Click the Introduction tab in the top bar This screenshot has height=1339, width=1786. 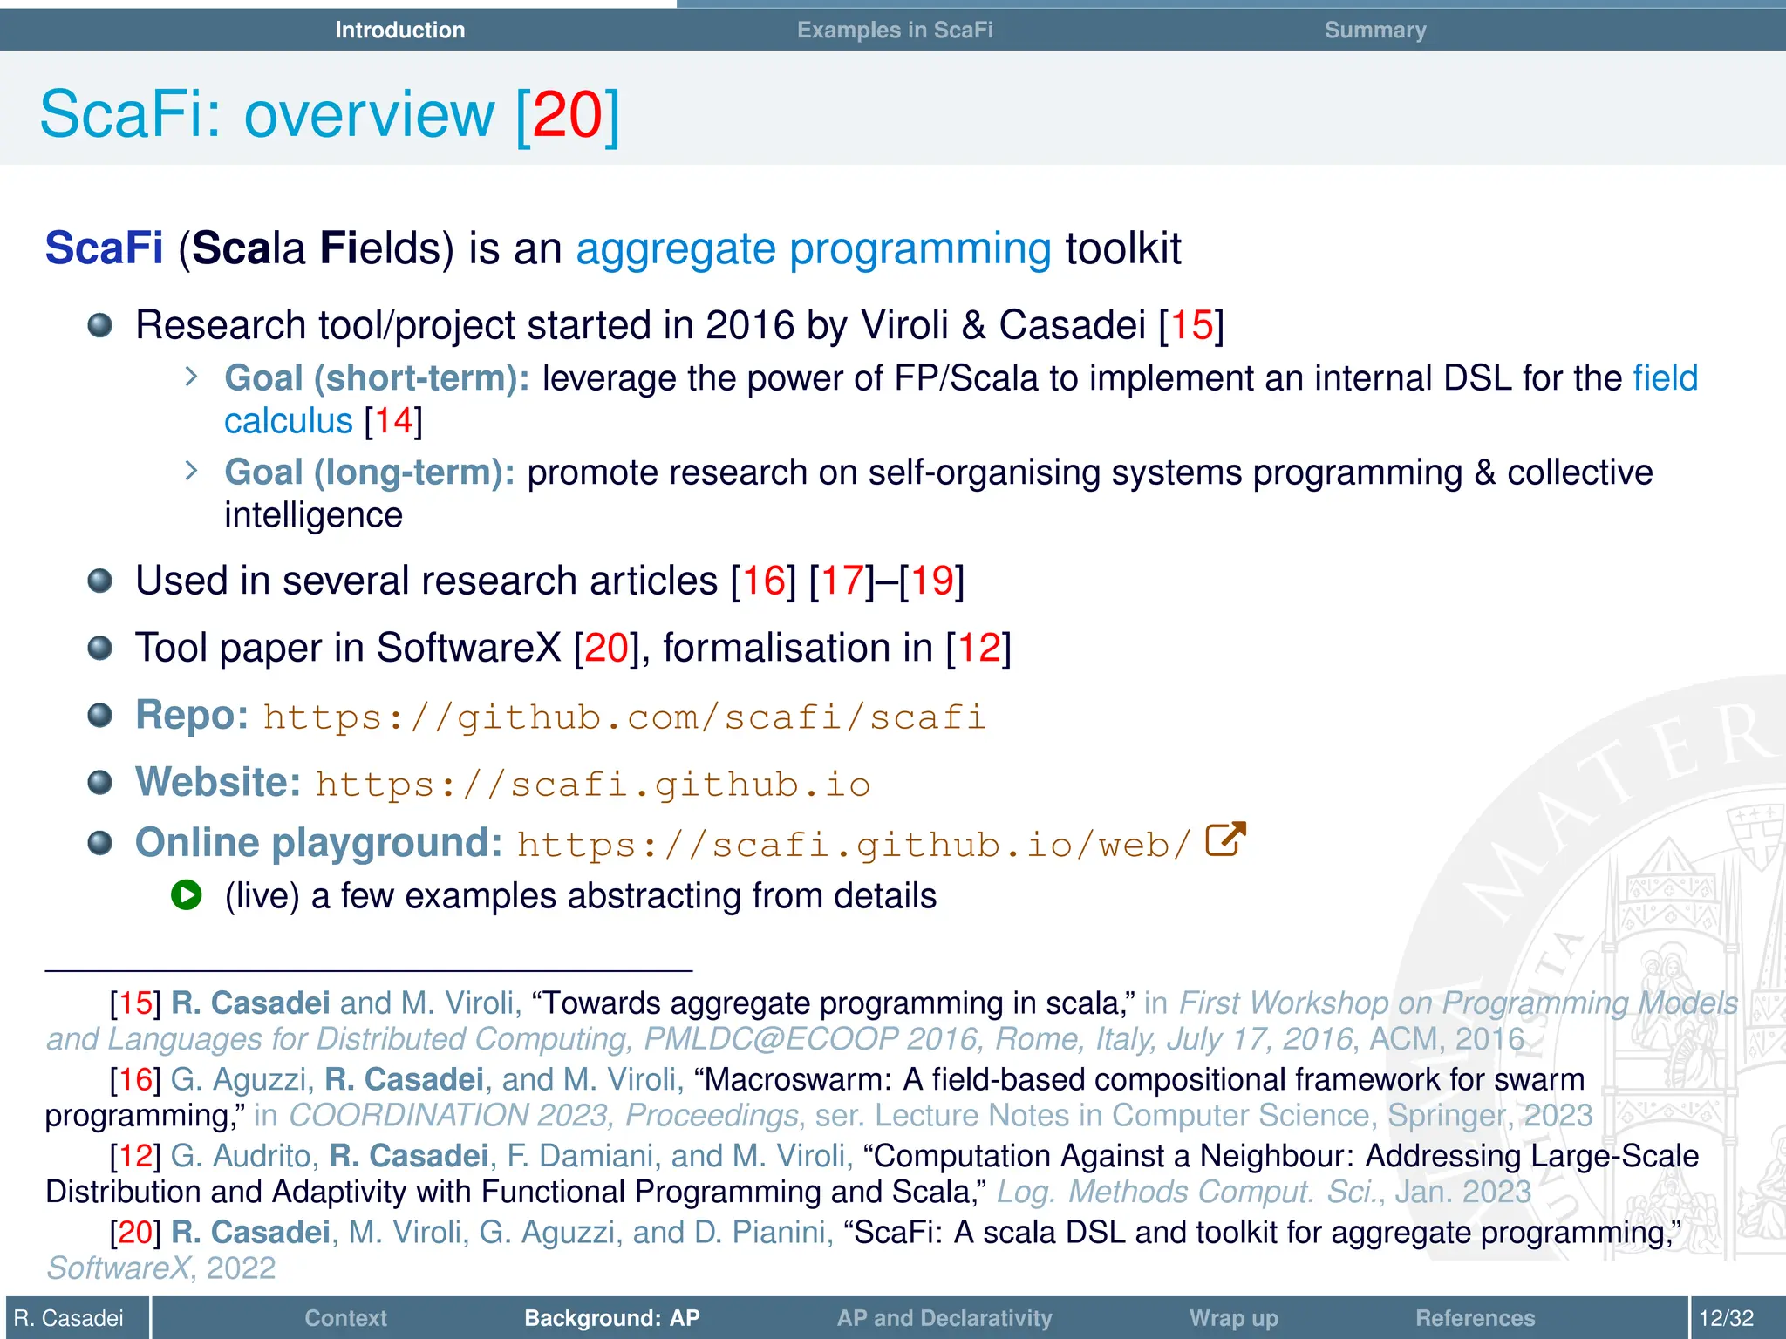(399, 30)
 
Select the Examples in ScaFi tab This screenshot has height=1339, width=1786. (895, 30)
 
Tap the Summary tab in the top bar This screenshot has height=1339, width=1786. (1375, 30)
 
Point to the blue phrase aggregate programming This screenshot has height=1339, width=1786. (813, 249)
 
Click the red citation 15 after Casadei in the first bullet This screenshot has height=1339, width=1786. (1191, 325)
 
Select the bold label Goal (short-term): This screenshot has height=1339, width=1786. (377, 378)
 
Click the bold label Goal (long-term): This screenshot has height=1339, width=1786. (370, 472)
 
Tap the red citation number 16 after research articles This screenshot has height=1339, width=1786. (763, 581)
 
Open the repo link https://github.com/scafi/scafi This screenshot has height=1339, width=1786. (624, 717)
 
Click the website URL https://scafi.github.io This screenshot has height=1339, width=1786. (593, 785)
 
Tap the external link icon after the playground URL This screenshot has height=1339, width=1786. (1225, 840)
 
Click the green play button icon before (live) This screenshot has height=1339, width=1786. (187, 895)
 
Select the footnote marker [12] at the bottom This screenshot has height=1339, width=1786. (135, 1156)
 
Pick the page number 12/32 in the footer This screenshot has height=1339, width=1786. (1726, 1318)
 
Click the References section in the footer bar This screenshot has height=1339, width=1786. (1475, 1318)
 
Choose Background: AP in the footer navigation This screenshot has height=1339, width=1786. (611, 1318)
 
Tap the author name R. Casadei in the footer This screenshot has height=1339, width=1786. (69, 1318)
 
